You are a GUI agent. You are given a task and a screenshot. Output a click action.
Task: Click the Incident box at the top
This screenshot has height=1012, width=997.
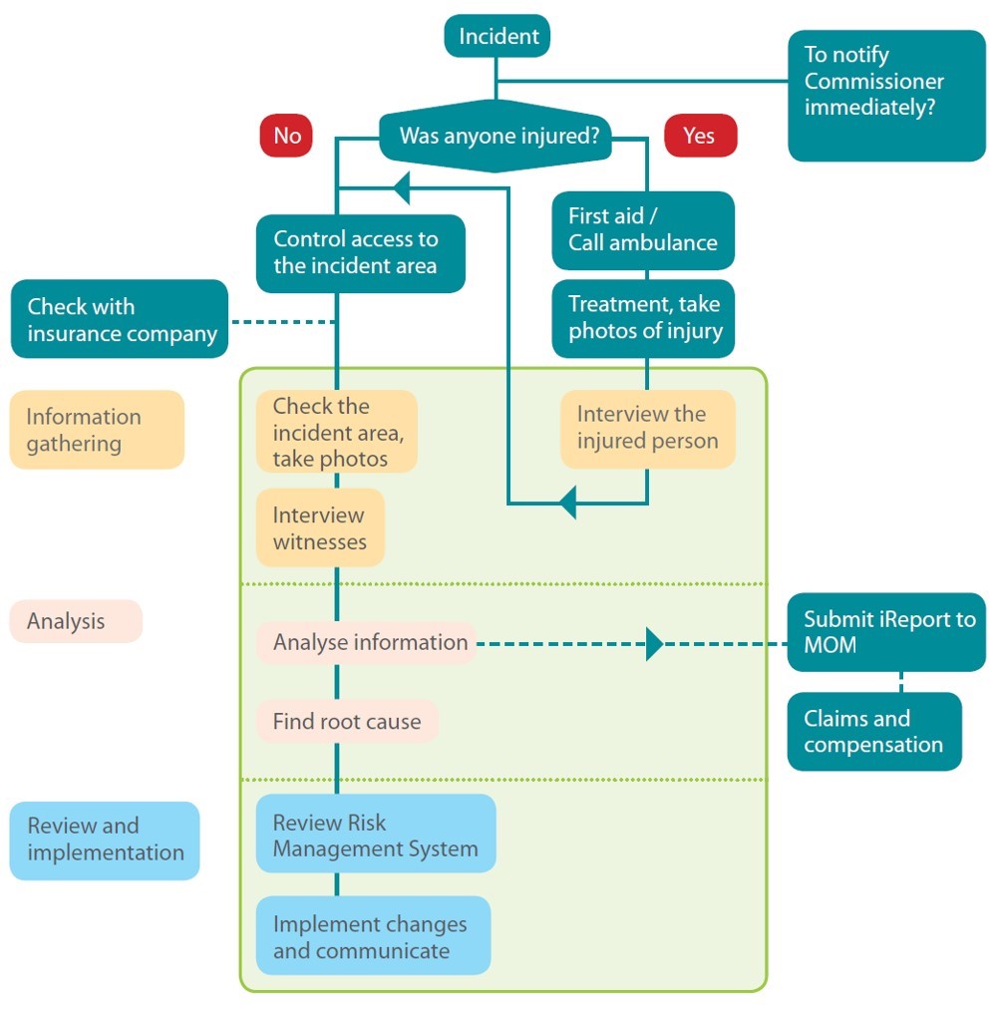498,37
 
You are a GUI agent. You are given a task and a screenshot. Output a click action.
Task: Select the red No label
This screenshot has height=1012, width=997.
286,136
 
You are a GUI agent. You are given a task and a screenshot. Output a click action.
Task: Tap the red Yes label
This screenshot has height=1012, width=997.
699,136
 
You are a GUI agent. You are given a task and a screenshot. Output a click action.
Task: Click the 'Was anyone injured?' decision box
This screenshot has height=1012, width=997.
496,137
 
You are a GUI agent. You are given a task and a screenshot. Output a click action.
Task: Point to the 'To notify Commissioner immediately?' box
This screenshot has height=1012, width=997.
885,96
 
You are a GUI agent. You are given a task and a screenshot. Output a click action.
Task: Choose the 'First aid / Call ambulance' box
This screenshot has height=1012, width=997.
643,230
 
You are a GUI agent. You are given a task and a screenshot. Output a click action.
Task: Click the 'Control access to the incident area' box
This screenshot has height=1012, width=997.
360,253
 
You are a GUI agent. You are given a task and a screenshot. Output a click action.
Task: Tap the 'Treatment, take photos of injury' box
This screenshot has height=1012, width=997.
643,319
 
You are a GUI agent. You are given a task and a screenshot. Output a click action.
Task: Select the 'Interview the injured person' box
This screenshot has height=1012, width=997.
647,429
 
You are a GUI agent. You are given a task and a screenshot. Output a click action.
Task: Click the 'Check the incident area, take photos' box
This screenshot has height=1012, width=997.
335,433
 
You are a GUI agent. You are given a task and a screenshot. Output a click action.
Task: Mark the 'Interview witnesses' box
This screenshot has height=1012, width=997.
319,528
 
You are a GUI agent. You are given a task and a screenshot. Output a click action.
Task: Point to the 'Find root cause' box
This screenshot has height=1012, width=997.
346,722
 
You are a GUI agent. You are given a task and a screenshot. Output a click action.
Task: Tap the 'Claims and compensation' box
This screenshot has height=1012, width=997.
873,732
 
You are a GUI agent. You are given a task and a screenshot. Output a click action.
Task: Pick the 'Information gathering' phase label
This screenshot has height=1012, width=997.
97,430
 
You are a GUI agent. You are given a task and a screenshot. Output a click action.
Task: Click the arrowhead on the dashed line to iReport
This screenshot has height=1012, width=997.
654,644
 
